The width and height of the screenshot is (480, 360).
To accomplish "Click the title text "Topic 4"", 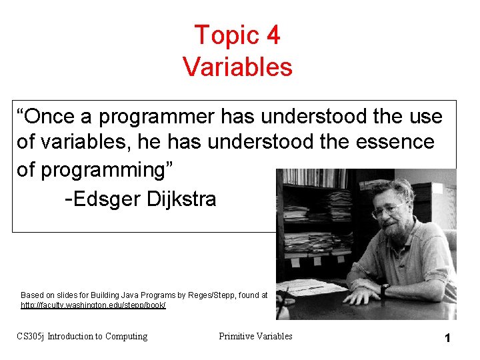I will (237, 35).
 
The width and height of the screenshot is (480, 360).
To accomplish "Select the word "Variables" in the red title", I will (237, 67).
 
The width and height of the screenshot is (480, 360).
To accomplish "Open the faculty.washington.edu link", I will (93, 305).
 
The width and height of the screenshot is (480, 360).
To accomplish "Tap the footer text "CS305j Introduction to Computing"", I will (82, 336).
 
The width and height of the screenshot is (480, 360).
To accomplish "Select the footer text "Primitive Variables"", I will (255, 336).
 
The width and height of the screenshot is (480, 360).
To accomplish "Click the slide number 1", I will (448, 338).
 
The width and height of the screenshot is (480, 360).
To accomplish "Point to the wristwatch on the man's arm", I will (385, 290).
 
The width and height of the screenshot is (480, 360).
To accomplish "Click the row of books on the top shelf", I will (313, 179).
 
